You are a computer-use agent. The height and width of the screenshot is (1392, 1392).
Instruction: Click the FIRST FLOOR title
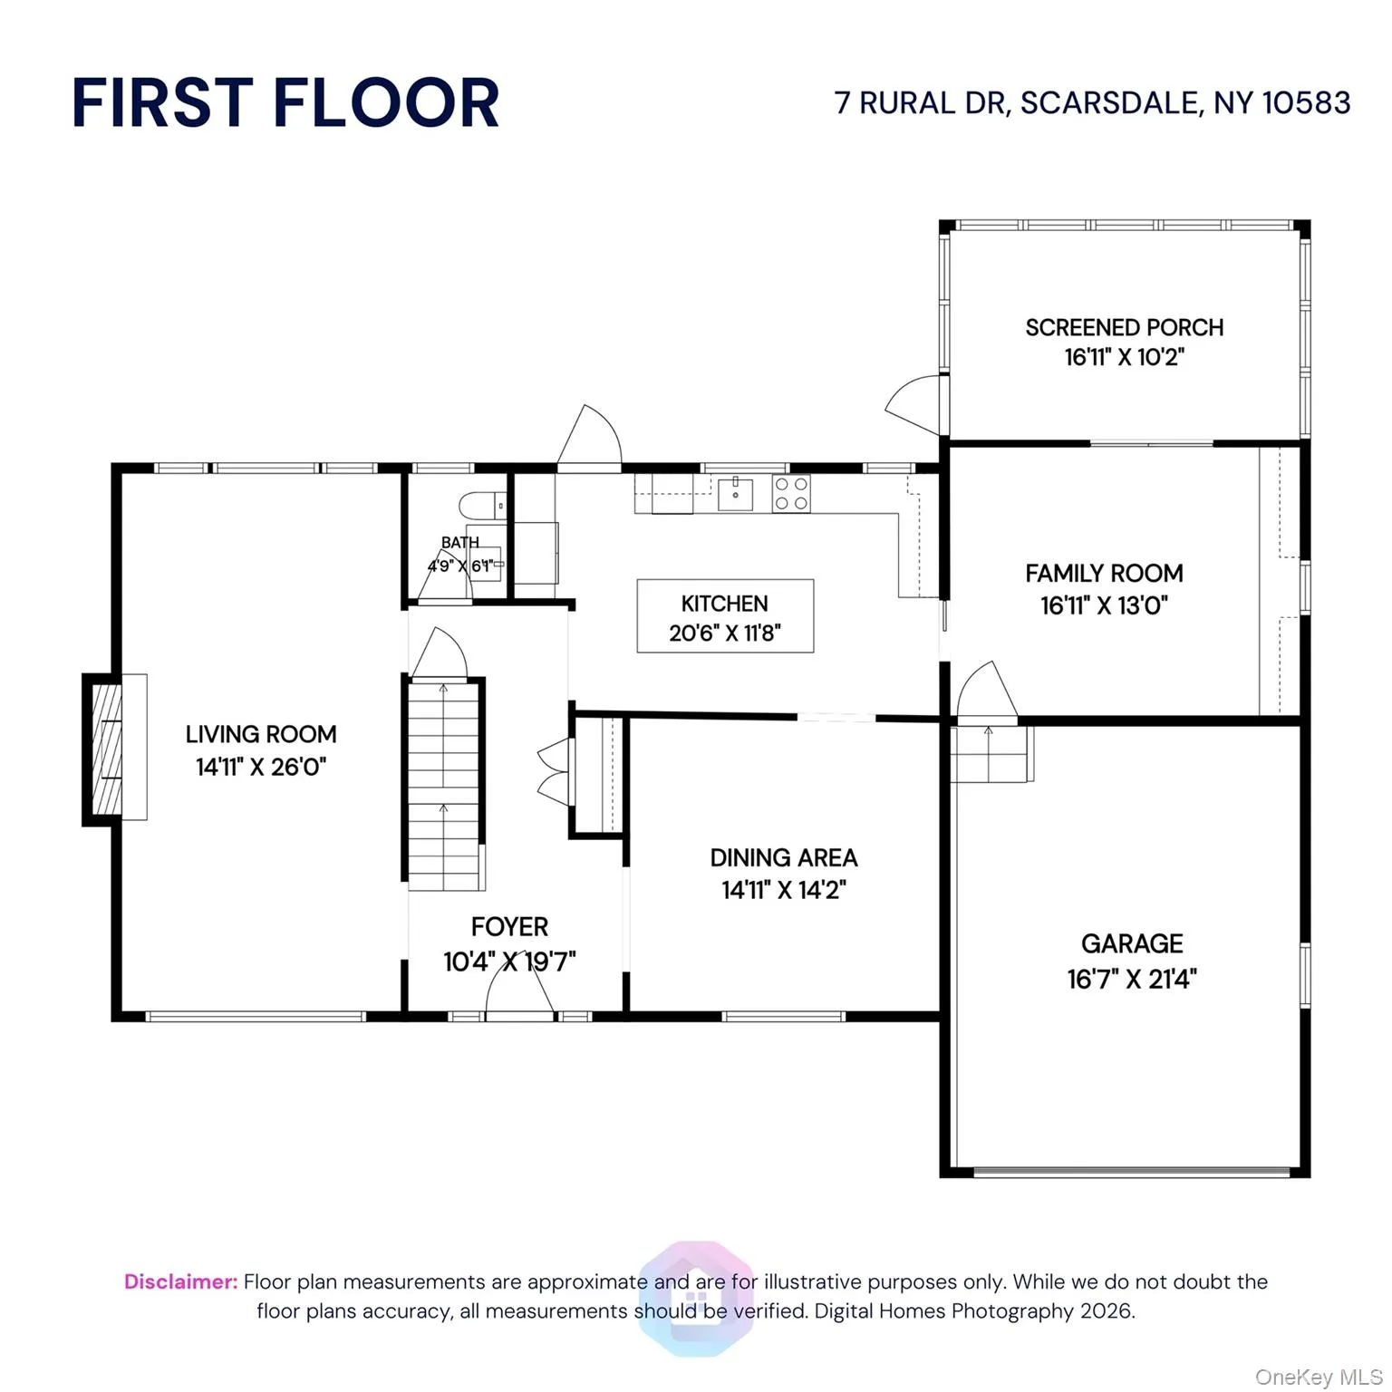tap(285, 102)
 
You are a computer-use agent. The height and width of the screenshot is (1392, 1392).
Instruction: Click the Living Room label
tap(261, 734)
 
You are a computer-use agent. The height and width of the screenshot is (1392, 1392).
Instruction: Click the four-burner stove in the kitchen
tap(791, 494)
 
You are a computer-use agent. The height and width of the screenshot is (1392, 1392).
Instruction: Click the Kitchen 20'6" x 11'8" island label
tap(725, 617)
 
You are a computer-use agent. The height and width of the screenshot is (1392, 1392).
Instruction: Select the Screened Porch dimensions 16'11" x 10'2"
tap(1124, 357)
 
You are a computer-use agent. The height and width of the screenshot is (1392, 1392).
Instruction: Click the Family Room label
tap(1104, 574)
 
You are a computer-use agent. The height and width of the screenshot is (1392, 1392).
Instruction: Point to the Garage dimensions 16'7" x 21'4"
tap(1131, 979)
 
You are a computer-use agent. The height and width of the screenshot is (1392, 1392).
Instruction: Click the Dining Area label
tap(783, 857)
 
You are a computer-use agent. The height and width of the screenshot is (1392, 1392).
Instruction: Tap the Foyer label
tap(509, 927)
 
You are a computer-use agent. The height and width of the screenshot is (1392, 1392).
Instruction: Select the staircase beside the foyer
tap(443, 785)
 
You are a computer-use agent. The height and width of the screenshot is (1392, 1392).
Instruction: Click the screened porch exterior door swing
tap(915, 403)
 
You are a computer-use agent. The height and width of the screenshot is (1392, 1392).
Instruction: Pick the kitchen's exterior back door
tap(589, 440)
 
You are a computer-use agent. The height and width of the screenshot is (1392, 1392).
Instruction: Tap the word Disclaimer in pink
tap(180, 1281)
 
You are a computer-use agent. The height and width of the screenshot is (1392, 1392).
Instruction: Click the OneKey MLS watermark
tap(1318, 1377)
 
